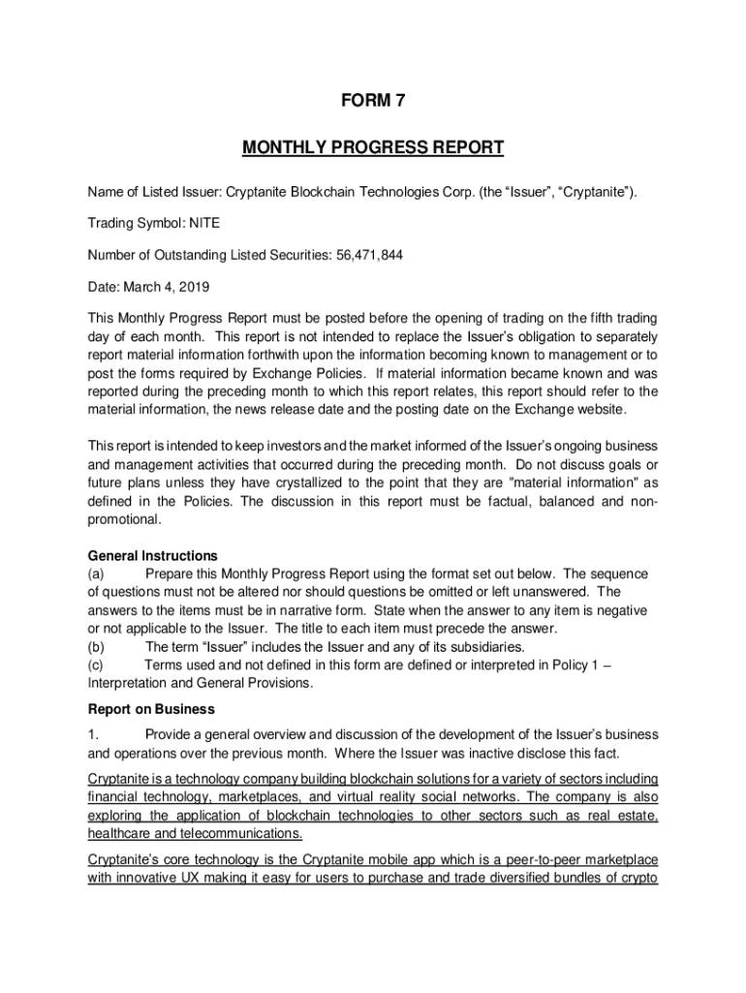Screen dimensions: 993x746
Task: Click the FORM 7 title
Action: [372, 101]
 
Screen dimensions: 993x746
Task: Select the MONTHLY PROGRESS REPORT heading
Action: [372, 147]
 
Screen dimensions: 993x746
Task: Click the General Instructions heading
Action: [153, 556]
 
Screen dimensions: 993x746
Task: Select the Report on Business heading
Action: [151, 709]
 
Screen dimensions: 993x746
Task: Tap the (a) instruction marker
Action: [97, 574]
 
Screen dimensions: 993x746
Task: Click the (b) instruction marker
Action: [97, 647]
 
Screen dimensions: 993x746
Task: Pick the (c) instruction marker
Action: [97, 664]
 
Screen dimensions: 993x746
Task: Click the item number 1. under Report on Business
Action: [93, 734]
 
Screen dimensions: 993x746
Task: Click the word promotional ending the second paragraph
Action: [123, 520]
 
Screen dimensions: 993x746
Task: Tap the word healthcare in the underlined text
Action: [119, 833]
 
